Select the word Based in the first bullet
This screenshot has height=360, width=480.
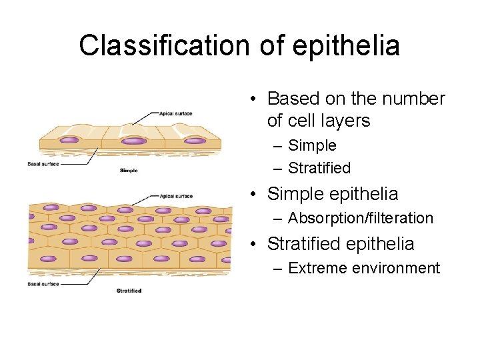294,99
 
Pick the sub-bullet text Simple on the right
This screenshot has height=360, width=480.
312,145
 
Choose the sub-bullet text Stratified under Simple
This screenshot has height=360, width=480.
319,168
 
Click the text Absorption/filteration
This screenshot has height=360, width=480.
360,218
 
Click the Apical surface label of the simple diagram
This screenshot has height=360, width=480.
175,114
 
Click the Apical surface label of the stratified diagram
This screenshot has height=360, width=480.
176,196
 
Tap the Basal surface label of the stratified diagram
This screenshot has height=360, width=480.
43,284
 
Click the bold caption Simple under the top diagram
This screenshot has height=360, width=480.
128,171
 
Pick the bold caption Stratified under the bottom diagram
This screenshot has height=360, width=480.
129,291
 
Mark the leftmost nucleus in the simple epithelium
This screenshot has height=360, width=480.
70,140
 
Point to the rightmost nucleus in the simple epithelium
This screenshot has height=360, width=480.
195,141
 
